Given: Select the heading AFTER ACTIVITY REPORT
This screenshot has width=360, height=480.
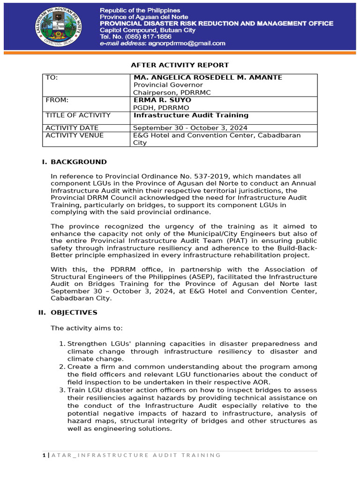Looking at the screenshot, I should (180, 65).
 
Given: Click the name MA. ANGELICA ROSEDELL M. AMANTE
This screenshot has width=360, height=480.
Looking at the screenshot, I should (208, 77).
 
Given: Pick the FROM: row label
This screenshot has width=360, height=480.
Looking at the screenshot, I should (57, 100).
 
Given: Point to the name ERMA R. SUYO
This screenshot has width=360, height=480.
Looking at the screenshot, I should (156, 100).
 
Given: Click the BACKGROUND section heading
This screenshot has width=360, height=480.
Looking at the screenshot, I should (79, 162).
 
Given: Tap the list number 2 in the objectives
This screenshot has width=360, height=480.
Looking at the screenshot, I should (62, 367).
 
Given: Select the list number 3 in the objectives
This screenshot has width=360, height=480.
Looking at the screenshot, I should (62, 390).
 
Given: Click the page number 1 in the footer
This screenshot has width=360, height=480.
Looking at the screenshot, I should (43, 455).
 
